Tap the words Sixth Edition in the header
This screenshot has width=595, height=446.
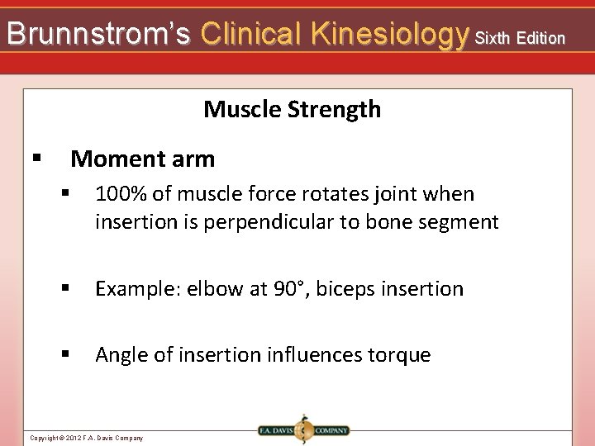[x=520, y=38]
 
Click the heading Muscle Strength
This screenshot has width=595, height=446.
[x=292, y=109]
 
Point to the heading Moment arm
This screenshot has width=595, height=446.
[x=142, y=159]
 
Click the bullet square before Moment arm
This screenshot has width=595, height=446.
[x=36, y=157]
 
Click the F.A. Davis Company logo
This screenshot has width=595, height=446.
[x=303, y=430]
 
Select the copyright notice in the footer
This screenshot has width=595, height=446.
[x=87, y=438]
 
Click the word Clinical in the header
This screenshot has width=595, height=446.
[x=250, y=34]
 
